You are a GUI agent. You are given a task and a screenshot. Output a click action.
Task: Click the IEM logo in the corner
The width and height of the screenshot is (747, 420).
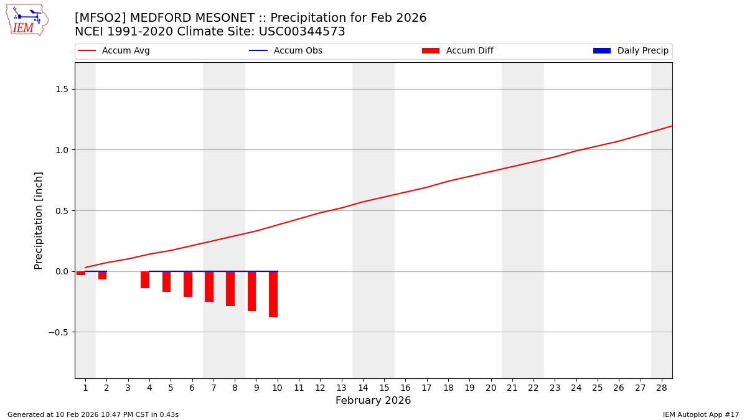[27, 20]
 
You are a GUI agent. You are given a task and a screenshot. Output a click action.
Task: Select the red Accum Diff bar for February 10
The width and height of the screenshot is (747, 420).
[273, 294]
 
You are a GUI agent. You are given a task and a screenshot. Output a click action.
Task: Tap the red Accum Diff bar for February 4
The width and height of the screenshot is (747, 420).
[145, 279]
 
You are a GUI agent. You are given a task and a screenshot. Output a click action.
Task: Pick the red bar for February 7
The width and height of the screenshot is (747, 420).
[209, 286]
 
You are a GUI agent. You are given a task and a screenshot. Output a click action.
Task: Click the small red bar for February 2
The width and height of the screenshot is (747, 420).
[102, 275]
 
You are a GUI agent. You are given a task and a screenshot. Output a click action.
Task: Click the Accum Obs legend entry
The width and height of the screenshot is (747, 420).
[286, 51]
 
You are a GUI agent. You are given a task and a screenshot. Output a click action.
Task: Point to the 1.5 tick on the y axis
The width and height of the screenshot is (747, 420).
[62, 89]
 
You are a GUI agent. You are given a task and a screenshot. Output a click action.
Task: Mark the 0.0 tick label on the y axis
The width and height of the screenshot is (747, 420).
[62, 271]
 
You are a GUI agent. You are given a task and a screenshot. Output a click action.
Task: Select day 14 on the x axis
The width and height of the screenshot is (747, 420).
[362, 388]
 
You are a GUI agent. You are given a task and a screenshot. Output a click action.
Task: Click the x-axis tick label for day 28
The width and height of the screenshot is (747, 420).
[661, 388]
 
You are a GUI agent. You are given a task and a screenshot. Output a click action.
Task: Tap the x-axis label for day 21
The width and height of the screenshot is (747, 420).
[512, 388]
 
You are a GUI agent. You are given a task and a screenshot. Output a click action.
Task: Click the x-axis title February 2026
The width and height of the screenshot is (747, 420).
[373, 401]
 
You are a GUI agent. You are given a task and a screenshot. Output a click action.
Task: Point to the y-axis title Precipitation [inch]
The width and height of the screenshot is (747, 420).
[39, 220]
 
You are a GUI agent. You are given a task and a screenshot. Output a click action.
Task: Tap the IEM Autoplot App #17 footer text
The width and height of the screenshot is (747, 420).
[700, 414]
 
